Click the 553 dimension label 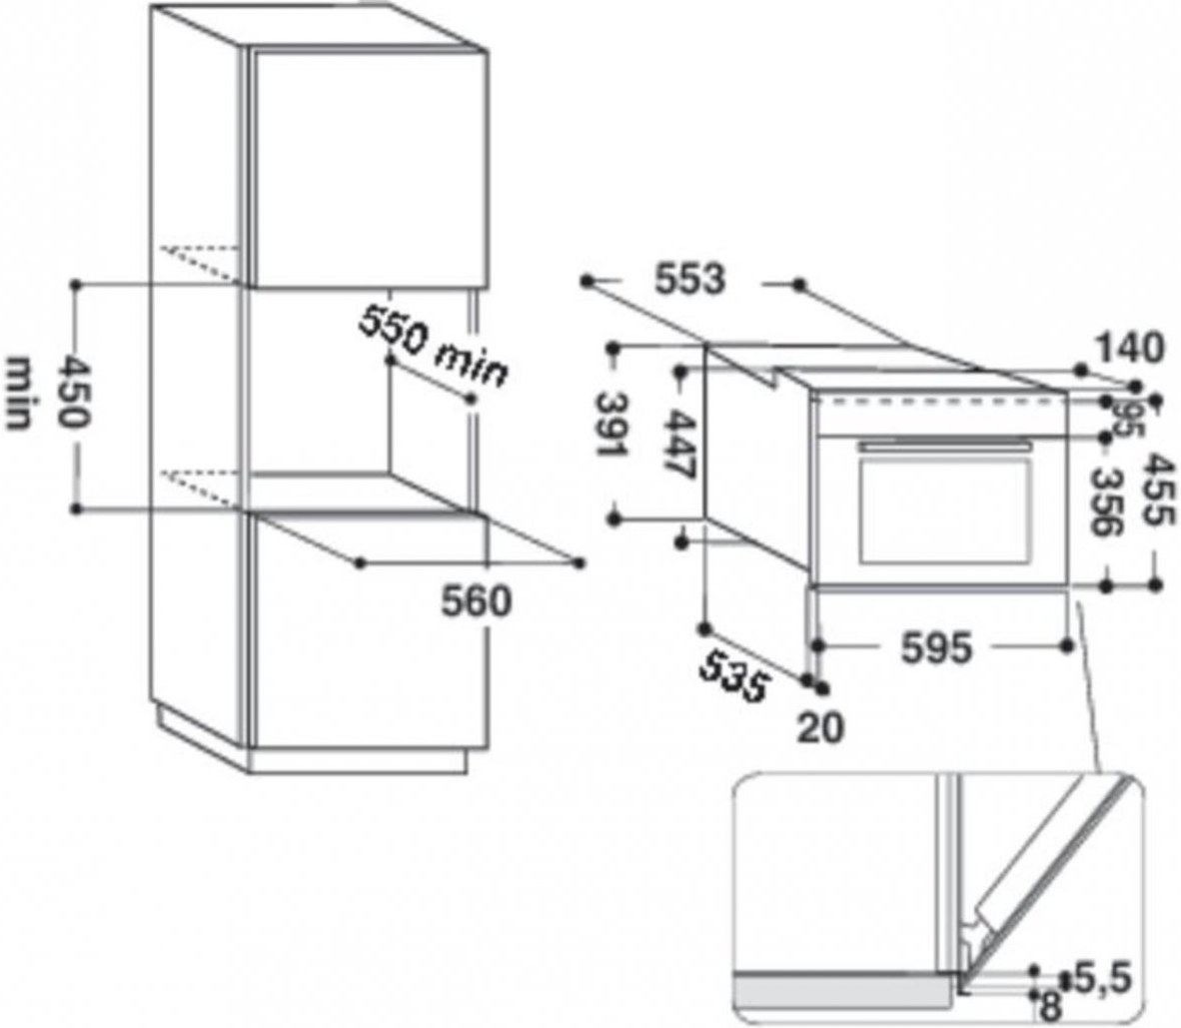click(x=689, y=280)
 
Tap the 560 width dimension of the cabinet click(x=476, y=601)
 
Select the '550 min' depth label click(x=432, y=347)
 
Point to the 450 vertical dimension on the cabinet click(x=75, y=393)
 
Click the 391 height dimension click(x=612, y=425)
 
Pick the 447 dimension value click(x=679, y=446)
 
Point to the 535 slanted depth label click(x=734, y=675)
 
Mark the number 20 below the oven click(x=821, y=727)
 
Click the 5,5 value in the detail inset click(x=1103, y=979)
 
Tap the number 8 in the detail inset click(x=1050, y=1008)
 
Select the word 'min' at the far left click(x=19, y=394)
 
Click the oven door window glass click(x=945, y=511)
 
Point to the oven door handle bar click(x=944, y=446)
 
